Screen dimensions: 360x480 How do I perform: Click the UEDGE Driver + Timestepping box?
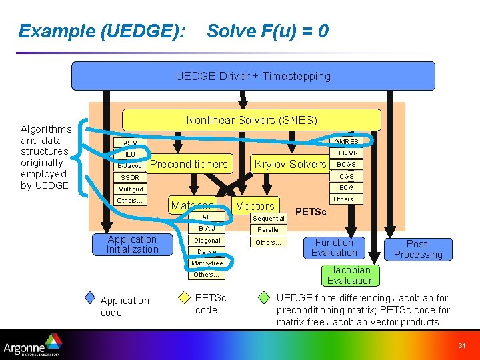253,76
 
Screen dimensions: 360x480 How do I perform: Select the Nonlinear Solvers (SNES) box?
251,120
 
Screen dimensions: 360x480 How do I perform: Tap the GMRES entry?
346,141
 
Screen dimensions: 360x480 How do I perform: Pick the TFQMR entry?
346,153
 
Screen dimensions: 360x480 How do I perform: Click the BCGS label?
346,164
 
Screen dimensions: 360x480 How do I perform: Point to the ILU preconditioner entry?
130,154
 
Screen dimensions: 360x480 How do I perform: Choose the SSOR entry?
130,178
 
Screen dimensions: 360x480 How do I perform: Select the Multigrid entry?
130,189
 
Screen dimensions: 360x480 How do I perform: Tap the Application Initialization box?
132,245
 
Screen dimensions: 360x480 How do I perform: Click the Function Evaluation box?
334,247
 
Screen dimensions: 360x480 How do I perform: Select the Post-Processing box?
418,249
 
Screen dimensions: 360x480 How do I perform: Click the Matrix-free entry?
207,263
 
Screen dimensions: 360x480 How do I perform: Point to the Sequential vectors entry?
269,218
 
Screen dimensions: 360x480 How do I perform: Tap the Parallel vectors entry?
269,229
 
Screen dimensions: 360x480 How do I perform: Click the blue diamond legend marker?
91,297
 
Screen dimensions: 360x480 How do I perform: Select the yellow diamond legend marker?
185,297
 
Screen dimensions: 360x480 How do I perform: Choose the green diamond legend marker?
265,297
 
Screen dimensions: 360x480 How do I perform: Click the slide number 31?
461,345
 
